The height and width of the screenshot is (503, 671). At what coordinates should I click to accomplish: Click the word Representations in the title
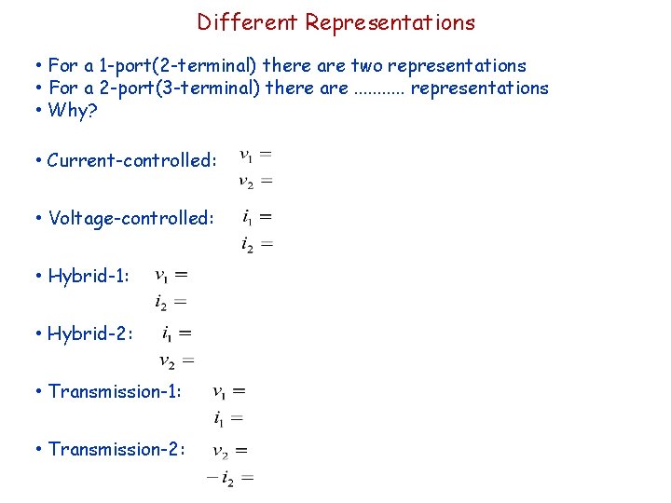(x=390, y=22)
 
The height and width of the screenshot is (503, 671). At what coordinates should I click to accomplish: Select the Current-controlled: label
(x=131, y=160)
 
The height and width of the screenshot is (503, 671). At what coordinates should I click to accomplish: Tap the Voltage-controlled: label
(x=131, y=218)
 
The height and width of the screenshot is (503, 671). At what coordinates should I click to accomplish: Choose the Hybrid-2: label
(x=90, y=333)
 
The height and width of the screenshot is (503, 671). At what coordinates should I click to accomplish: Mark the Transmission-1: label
(x=115, y=391)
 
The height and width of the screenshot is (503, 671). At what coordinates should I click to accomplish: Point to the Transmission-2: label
(x=116, y=449)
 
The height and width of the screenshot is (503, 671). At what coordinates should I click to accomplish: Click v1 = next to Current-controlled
(x=255, y=154)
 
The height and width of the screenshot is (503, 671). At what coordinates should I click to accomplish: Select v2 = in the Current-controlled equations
(x=255, y=182)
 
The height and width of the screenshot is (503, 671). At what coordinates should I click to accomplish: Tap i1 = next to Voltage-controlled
(x=256, y=217)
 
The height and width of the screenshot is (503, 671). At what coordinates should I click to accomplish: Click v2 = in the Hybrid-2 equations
(x=176, y=360)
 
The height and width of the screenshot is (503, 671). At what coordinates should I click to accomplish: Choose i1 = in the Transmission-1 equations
(x=228, y=419)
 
